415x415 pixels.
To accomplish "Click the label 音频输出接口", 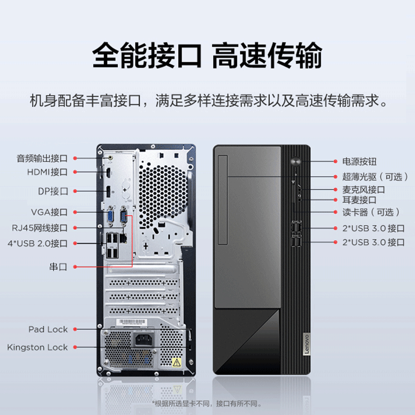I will point(42,158).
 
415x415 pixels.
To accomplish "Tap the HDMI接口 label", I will point(47,172).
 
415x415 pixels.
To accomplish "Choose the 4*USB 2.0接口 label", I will point(37,243).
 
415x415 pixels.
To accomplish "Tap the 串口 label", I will point(58,267).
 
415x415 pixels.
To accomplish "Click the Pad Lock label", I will point(48,329).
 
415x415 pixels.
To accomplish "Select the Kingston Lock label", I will point(37,347).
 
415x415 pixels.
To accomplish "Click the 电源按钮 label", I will point(359,162).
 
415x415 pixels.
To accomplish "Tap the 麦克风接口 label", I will point(364,189).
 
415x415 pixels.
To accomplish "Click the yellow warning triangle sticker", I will point(176,362).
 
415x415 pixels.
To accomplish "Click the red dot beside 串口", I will point(75,267).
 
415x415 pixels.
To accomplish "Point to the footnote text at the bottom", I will point(207,403).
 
